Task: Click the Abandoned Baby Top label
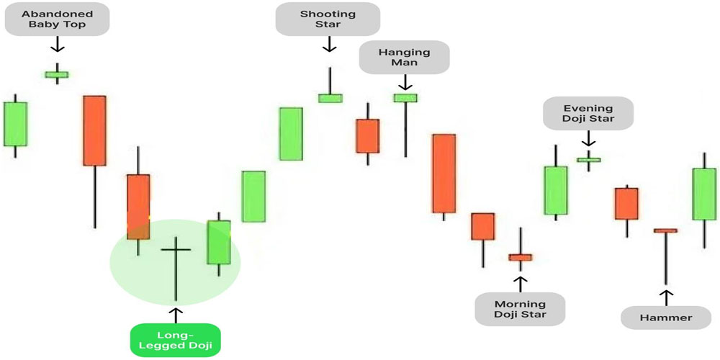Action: pyautogui.click(x=57, y=19)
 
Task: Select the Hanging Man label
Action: pyautogui.click(x=404, y=58)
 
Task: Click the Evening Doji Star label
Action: pyautogui.click(x=588, y=113)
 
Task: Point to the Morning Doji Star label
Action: pyautogui.click(x=520, y=309)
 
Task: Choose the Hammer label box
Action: pyautogui.click(x=666, y=318)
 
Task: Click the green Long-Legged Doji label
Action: pyautogui.click(x=176, y=341)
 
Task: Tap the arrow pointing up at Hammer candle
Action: pyautogui.click(x=667, y=297)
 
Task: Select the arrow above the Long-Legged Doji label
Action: pyautogui.click(x=175, y=314)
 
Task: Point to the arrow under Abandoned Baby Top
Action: pyautogui.click(x=57, y=45)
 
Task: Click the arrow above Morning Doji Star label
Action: pyautogui.click(x=520, y=282)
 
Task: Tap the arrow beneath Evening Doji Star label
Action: pyautogui.click(x=589, y=138)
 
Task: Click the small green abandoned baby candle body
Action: pyautogui.click(x=57, y=73)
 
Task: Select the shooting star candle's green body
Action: pyautogui.click(x=330, y=98)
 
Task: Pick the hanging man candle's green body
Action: pyautogui.click(x=405, y=98)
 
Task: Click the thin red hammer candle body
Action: pyautogui.click(x=666, y=230)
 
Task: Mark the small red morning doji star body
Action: pyautogui.click(x=519, y=256)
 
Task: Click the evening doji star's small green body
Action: pyautogui.click(x=589, y=160)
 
